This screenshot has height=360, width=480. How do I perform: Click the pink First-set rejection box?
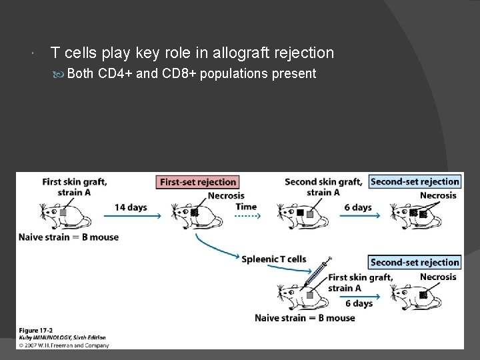tap(198, 181)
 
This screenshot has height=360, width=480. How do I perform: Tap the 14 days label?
tap(130, 207)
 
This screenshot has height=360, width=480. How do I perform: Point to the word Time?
tap(245, 207)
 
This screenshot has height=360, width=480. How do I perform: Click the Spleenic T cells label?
tap(274, 259)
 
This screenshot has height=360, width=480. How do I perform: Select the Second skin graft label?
tap(323, 181)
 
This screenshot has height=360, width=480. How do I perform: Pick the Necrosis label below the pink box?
tap(226, 196)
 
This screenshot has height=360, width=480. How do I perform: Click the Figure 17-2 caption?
tap(36, 331)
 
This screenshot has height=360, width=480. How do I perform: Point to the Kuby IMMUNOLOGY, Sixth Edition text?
tap(63, 338)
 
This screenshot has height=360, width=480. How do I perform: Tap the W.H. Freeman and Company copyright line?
tap(63, 345)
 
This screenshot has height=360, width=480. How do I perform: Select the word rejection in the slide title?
tap(301, 53)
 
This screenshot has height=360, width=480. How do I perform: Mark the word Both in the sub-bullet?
tap(81, 73)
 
